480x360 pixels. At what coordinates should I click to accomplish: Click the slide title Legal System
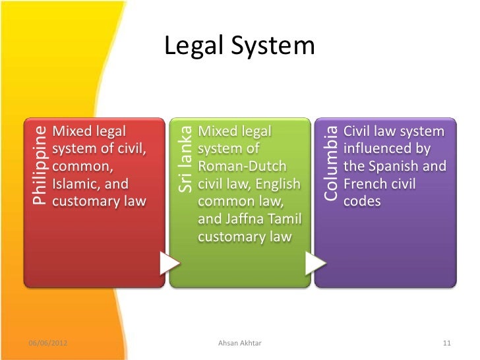[x=239, y=46]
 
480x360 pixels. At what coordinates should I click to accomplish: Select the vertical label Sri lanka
[x=185, y=160]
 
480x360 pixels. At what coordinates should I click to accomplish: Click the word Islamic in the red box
[x=76, y=183]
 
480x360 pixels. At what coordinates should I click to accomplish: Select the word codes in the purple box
[x=362, y=201]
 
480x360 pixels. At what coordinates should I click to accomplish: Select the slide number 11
[x=446, y=344]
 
